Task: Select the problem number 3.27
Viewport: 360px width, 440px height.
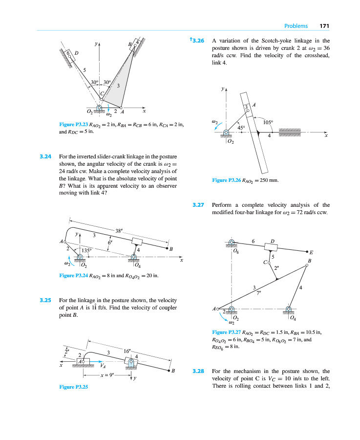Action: tap(198, 205)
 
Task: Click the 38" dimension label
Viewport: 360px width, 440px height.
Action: tap(119, 231)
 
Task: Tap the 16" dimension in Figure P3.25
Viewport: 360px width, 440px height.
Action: tap(127, 351)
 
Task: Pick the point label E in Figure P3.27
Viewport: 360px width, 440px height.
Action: tap(311, 253)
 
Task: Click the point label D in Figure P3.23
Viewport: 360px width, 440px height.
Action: tap(77, 53)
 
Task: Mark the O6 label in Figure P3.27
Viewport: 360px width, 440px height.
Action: tap(236, 252)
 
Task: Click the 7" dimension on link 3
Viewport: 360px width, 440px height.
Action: tap(259, 292)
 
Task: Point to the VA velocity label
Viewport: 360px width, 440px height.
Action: tap(103, 365)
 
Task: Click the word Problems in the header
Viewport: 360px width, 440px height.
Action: tap(296, 26)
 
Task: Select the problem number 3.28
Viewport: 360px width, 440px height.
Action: tap(198, 371)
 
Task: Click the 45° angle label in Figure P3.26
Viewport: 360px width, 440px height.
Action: tap(241, 128)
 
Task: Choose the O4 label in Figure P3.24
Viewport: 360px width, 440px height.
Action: tap(138, 266)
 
